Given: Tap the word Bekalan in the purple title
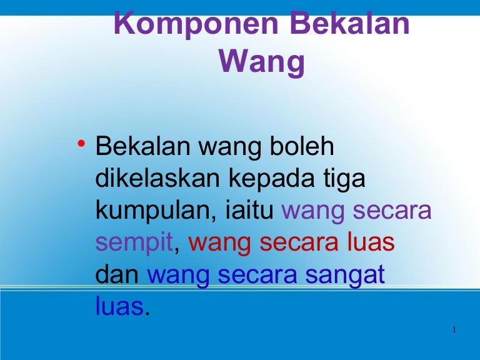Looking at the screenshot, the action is tap(350, 23).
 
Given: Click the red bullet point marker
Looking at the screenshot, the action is tap(81, 142).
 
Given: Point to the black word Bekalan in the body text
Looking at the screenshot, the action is tap(142, 146).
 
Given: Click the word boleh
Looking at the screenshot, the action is tap(302, 146).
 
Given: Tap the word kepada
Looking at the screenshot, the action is tap(271, 179).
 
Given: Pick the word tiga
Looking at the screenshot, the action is tap(344, 179).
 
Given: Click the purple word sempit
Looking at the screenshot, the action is tap(134, 243).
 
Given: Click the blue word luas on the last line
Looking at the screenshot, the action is tap(120, 305).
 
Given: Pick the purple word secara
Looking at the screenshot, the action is tap(392, 211).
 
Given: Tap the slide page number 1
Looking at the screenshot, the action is tap(454, 330).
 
